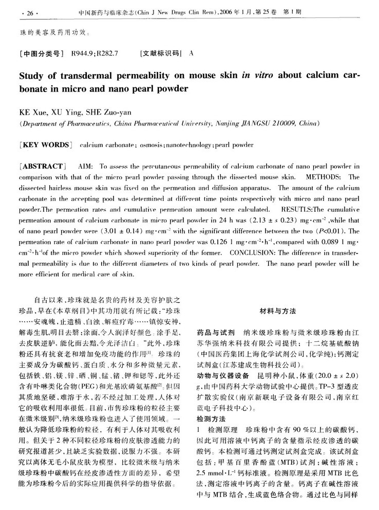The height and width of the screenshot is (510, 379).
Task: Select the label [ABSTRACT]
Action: pos(42,167)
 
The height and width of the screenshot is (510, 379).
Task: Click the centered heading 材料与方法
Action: pos(279,311)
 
